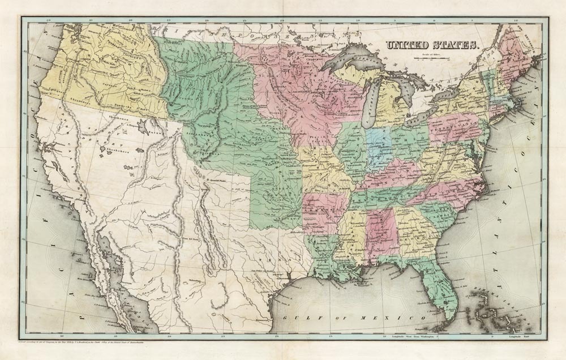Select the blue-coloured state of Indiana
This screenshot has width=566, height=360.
pyautogui.click(x=378, y=148)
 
